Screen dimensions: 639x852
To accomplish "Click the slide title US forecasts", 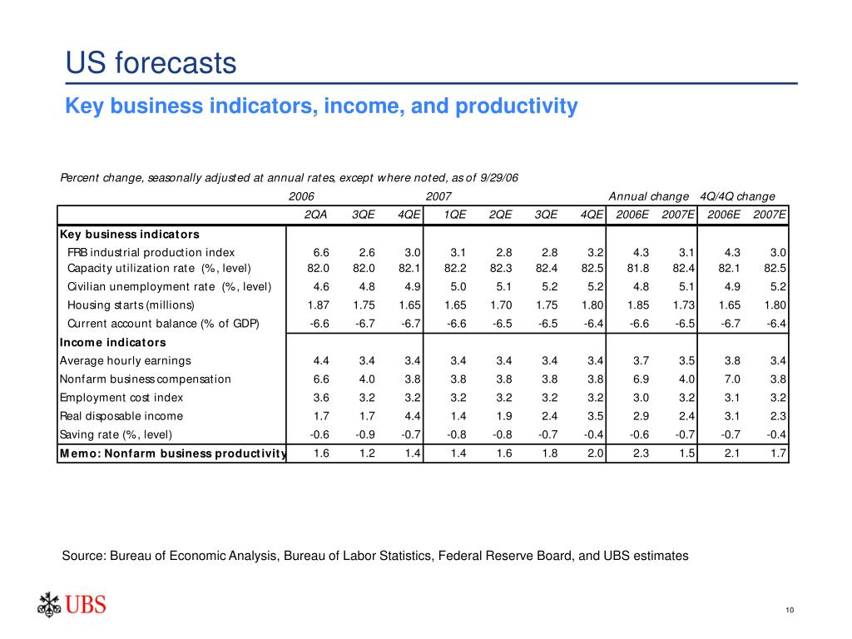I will [151, 64].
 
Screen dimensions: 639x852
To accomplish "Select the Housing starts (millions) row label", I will [131, 305].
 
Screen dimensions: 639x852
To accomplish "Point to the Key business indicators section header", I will [129, 233].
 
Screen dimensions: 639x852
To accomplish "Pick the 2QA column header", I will [315, 215].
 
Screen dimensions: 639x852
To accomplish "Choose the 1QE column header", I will [454, 215].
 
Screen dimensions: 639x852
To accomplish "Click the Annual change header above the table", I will [649, 196].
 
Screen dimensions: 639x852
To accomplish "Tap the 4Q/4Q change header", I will [738, 196].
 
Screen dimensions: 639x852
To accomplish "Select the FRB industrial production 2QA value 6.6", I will [321, 252].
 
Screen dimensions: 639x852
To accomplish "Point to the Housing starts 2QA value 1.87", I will [319, 305].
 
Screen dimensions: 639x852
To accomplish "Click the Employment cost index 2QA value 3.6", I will [321, 398].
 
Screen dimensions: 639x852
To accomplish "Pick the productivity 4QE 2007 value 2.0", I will [594, 453].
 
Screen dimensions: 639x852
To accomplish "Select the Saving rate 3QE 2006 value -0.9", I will [365, 434].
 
